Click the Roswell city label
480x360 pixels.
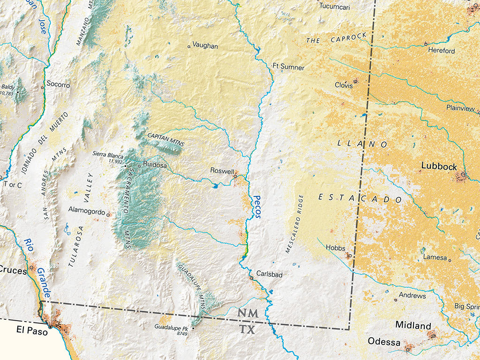[x=221, y=171]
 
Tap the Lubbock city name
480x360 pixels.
[x=439, y=166]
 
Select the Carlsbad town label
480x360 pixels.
[x=269, y=274]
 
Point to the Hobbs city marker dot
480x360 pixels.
[x=348, y=255]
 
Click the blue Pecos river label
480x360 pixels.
[x=256, y=207]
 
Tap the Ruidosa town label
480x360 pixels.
[x=155, y=165]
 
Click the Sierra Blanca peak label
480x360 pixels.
[x=108, y=154]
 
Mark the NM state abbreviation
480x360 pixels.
[x=247, y=313]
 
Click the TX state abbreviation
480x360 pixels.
[x=247, y=330]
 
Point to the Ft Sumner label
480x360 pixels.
[x=288, y=67]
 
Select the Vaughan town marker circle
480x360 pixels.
[x=189, y=46]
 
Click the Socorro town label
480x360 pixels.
[x=58, y=85]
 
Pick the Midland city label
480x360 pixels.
[x=413, y=325]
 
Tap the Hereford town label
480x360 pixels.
[x=441, y=51]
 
